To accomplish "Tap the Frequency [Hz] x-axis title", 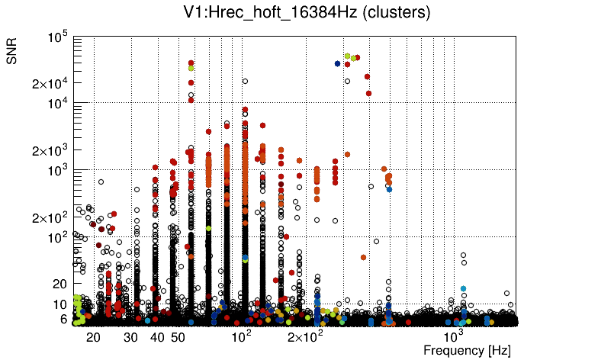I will click(x=467, y=350).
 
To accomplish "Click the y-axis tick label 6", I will click(x=63, y=320).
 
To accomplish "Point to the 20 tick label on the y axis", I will click(x=60, y=284).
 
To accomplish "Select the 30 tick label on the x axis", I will click(x=131, y=337).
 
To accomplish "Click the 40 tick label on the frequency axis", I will click(x=157, y=337).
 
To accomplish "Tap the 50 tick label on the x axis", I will click(x=178, y=337).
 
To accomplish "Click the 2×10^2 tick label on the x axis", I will click(x=304, y=336).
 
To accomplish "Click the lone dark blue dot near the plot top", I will click(x=337, y=63).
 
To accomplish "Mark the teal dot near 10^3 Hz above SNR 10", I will click(x=463, y=288).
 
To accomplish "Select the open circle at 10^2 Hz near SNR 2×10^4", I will click(x=245, y=81).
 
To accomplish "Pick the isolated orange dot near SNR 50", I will click(x=363, y=257).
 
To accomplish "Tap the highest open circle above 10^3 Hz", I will click(x=462, y=255).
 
